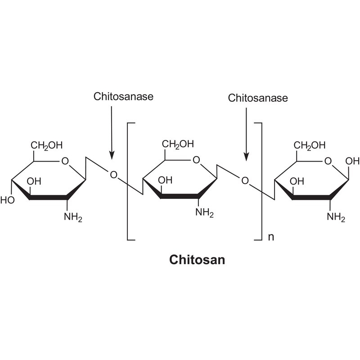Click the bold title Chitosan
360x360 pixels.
(x=197, y=260)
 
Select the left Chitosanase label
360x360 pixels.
(x=123, y=96)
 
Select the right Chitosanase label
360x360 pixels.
(x=258, y=98)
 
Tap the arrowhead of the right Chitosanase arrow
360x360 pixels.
(x=246, y=157)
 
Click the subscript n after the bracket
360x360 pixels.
(x=271, y=237)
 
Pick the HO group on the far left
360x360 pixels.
(x=7, y=200)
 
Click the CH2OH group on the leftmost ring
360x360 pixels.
(x=47, y=145)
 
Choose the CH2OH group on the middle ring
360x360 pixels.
(x=178, y=144)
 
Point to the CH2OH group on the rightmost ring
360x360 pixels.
(x=310, y=145)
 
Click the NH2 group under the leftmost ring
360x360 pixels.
(x=73, y=217)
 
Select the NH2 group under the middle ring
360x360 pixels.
(x=205, y=212)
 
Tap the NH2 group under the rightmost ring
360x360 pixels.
(x=336, y=217)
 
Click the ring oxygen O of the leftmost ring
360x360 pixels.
(x=65, y=161)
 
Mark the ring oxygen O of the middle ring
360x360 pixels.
(x=196, y=160)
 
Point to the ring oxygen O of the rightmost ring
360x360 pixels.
(x=328, y=161)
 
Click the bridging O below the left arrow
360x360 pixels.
(x=114, y=175)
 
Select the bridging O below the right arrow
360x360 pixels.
(x=245, y=181)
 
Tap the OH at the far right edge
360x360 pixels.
(x=352, y=161)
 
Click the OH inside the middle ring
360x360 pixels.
(x=165, y=180)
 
